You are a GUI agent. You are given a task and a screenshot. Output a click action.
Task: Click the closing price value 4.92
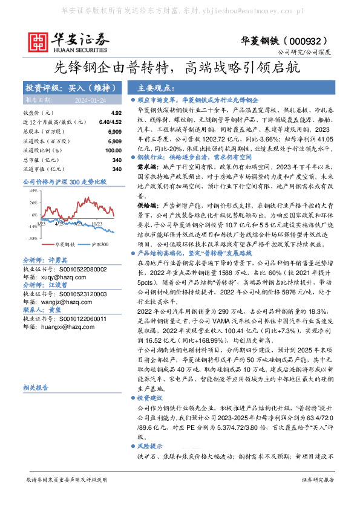(x=116, y=113)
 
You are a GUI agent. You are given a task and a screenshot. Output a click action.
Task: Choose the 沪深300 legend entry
(x=96, y=244)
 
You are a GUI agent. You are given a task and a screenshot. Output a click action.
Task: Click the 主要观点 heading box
(x=155, y=87)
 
